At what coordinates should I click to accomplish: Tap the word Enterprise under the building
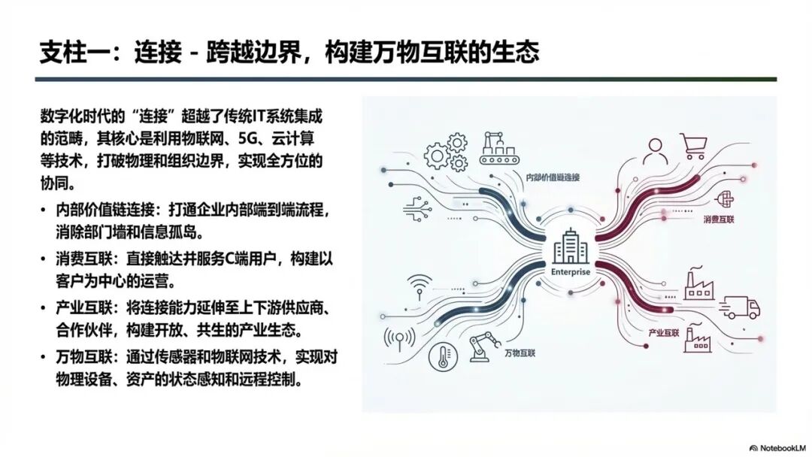[x=570, y=272]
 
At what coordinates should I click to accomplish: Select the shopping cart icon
[x=694, y=146]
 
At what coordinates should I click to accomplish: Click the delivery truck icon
[x=740, y=307]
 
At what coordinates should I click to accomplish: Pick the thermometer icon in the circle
[x=443, y=356]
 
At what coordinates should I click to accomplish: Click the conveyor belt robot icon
[x=498, y=148]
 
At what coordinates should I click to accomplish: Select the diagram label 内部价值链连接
[x=553, y=177]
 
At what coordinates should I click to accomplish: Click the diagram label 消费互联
[x=719, y=219]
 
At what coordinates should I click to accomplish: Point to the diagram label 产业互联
[x=663, y=333]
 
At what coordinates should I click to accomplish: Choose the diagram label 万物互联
[x=520, y=353]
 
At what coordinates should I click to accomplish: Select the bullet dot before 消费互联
[x=44, y=259]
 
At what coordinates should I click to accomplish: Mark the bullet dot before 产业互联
[x=44, y=308]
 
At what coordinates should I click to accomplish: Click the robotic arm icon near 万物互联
[x=485, y=347]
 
